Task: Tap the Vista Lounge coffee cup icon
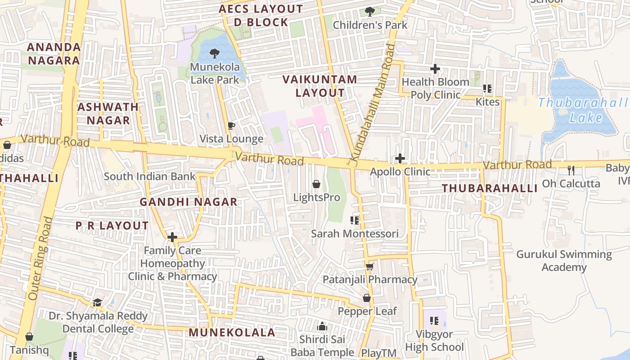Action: tap(231, 126)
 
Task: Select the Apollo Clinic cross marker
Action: tap(400, 158)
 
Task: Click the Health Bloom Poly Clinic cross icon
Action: tap(435, 69)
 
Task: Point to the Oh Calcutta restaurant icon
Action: tap(571, 171)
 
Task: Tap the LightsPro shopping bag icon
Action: tap(316, 184)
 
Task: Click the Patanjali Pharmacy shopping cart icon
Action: tap(370, 266)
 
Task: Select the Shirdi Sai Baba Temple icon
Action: tap(322, 326)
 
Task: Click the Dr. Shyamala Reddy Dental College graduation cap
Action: tap(97, 302)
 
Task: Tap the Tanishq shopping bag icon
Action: tap(29, 337)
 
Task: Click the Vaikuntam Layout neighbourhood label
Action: tap(320, 86)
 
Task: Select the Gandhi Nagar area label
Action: tap(188, 202)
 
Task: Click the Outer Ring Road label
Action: tap(40, 259)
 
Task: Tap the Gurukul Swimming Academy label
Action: tap(564, 261)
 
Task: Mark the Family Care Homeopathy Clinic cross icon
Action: tap(172, 237)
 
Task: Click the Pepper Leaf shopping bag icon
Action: tap(367, 298)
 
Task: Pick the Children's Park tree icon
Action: tap(370, 12)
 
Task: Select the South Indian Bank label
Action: tap(150, 176)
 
